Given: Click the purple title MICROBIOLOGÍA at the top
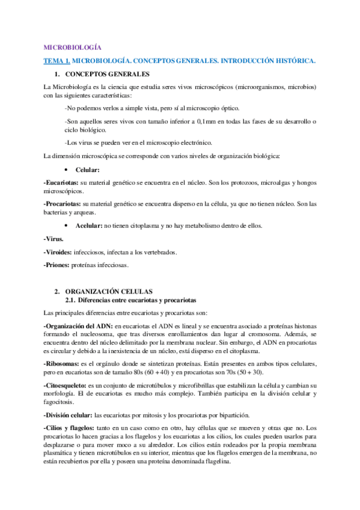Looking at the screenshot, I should [x=73, y=47].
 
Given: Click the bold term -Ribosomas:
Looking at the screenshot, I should [x=61, y=364].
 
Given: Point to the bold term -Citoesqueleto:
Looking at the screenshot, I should [x=66, y=384].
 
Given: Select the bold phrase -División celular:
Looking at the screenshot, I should [x=69, y=414].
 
